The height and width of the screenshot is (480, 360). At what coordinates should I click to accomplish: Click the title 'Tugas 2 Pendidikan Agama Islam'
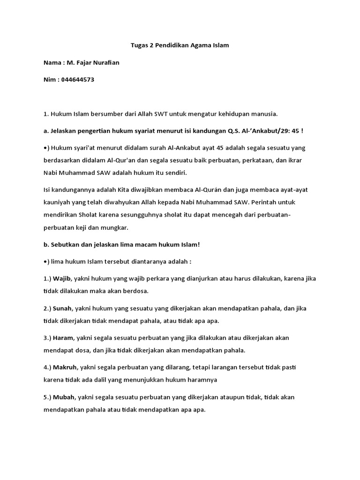tap(180, 46)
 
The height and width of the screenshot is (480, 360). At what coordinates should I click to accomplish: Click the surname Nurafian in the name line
tap(104, 63)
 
